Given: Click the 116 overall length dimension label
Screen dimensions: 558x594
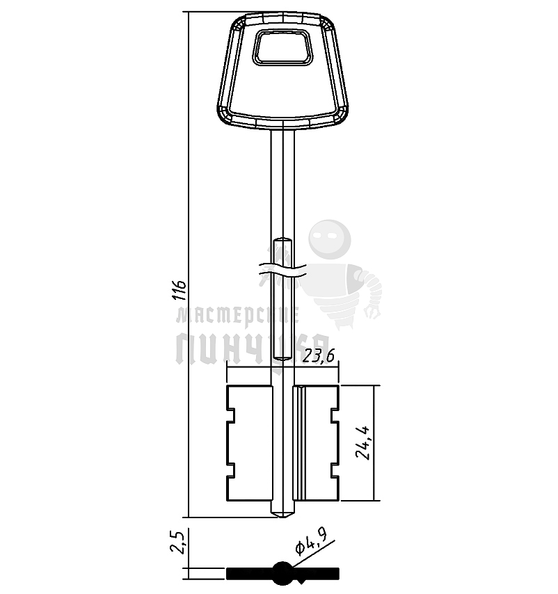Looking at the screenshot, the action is [x=180, y=291].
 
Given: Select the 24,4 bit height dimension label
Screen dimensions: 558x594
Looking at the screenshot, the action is [x=364, y=442].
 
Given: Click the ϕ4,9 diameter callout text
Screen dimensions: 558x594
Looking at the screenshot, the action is [x=310, y=542].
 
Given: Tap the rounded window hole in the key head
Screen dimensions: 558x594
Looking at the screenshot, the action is [x=282, y=47].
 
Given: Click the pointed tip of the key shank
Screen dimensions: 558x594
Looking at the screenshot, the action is [x=282, y=517].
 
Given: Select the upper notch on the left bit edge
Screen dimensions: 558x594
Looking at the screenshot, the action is [x=231, y=415].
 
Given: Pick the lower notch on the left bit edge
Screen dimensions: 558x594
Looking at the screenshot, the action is [x=231, y=470].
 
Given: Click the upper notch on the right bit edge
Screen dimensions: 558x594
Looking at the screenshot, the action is [x=335, y=415].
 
